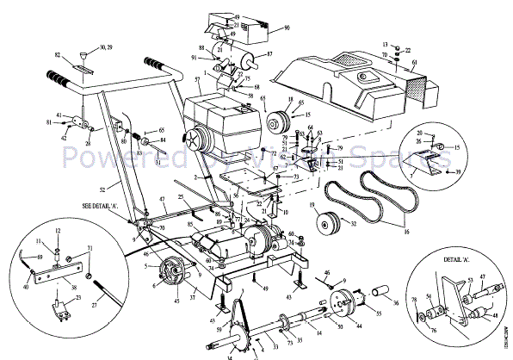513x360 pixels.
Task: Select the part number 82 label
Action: pos(58,55)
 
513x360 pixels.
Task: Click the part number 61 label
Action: pos(414,63)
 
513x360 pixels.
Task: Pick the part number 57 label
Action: pos(198,79)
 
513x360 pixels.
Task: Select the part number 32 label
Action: pos(354,222)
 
